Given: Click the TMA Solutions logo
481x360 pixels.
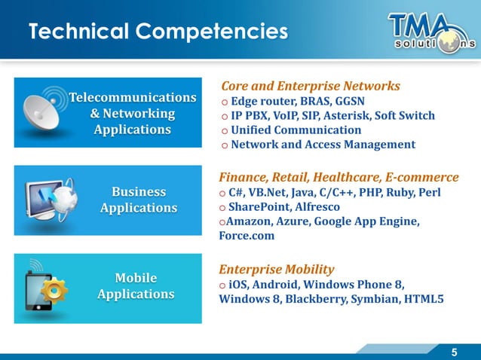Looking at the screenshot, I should pos(431,31).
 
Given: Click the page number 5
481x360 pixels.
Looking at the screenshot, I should pos(454,352).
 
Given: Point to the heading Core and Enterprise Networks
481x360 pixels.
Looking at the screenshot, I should pos(309,86).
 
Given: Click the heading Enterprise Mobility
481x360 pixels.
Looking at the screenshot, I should pos(277,269).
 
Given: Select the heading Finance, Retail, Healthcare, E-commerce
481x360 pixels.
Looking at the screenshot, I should pos(339,178).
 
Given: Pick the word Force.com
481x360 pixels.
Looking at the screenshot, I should pos(247,236).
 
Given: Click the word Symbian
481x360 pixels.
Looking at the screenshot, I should pos(374,299).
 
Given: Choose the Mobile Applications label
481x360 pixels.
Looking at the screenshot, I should pos(136,286).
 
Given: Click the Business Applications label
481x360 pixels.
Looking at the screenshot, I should pos(139,200).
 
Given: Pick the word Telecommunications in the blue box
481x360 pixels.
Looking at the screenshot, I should pos(133,98).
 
